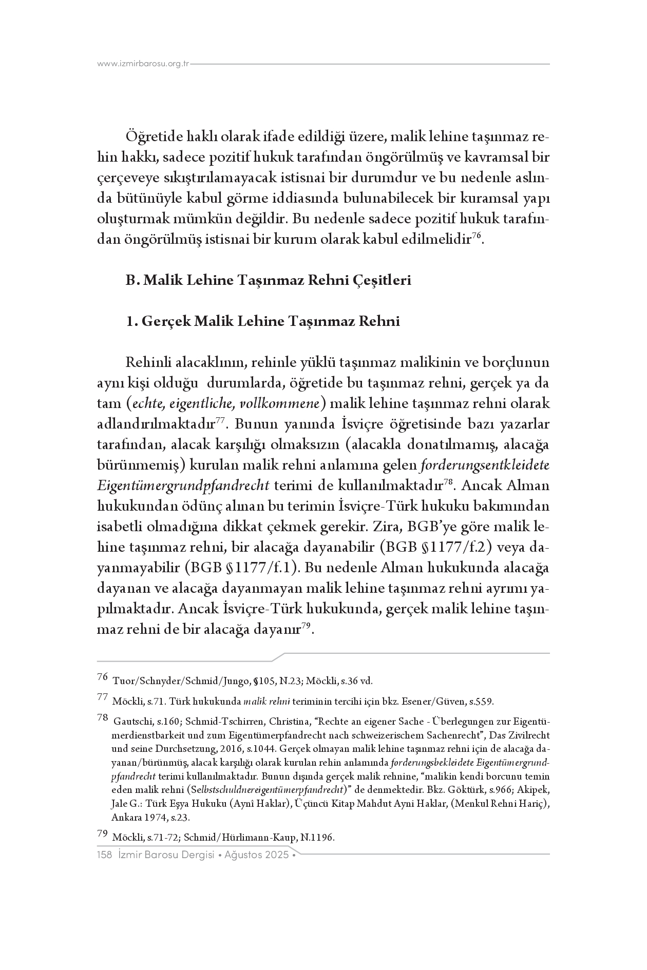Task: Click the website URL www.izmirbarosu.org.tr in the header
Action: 143,64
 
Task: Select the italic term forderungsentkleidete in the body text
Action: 485,465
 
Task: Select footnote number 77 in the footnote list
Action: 102,697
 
